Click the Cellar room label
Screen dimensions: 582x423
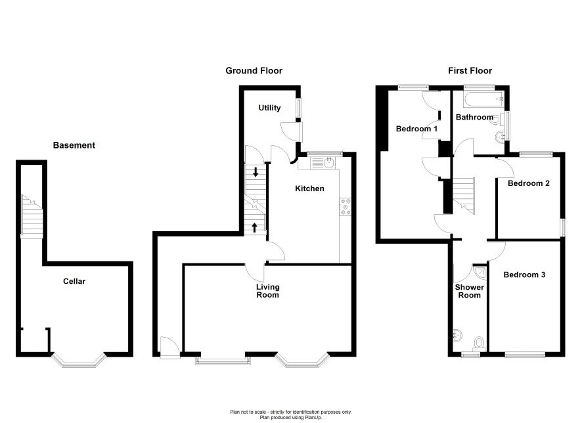(x=74, y=281)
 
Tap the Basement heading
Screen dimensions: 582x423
(x=74, y=145)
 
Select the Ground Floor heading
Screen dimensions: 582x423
(x=254, y=70)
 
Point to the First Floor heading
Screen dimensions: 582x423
(x=470, y=70)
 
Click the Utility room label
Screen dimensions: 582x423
(x=269, y=108)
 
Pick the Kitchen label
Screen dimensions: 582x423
(x=309, y=189)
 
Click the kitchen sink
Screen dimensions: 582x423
(x=323, y=162)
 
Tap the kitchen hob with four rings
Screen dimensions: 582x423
(x=345, y=207)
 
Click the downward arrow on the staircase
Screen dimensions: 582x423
(x=256, y=172)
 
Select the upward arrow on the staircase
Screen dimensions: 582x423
(x=255, y=227)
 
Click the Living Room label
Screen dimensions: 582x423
(x=267, y=291)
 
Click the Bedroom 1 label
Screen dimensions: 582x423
(x=416, y=129)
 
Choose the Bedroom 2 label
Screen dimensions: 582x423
(x=529, y=183)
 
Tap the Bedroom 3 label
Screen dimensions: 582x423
(x=524, y=275)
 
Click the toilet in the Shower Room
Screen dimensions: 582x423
(x=479, y=344)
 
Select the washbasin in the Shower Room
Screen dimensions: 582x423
(x=458, y=336)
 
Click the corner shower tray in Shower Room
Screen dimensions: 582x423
(x=481, y=272)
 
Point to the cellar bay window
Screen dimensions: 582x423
(x=79, y=361)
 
